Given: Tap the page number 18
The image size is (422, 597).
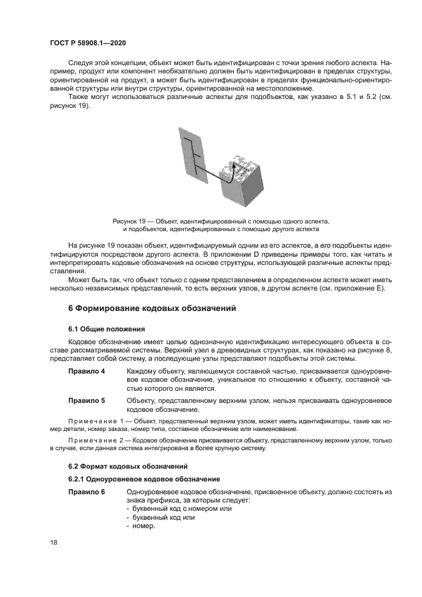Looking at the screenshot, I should (x=53, y=542).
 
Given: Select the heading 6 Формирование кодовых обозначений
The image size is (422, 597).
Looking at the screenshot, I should (x=152, y=308).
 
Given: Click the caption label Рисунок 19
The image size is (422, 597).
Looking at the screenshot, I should (x=130, y=220).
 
